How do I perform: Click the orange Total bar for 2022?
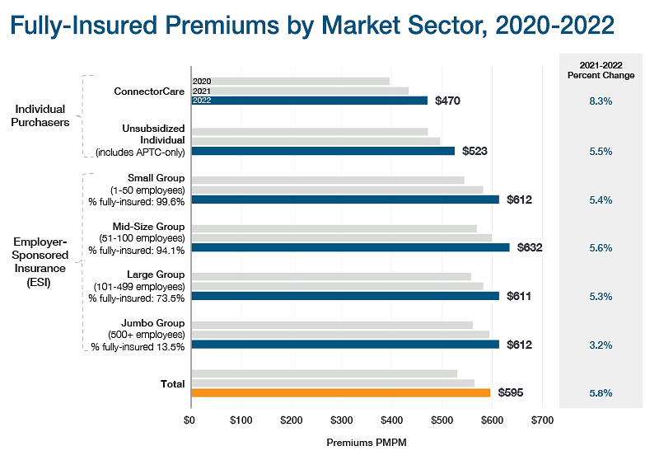340,392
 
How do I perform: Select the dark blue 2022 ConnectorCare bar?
309,101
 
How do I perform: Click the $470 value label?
446,101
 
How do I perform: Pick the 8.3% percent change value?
601,101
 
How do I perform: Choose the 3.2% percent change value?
601,345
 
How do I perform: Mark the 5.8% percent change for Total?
601,393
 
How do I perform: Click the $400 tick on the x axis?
391,420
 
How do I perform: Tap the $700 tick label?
541,420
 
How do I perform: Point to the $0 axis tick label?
191,420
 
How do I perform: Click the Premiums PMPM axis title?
366,443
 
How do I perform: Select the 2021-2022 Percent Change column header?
601,70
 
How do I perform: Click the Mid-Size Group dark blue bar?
350,247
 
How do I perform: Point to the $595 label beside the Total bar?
511,393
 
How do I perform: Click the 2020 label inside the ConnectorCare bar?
202,82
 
